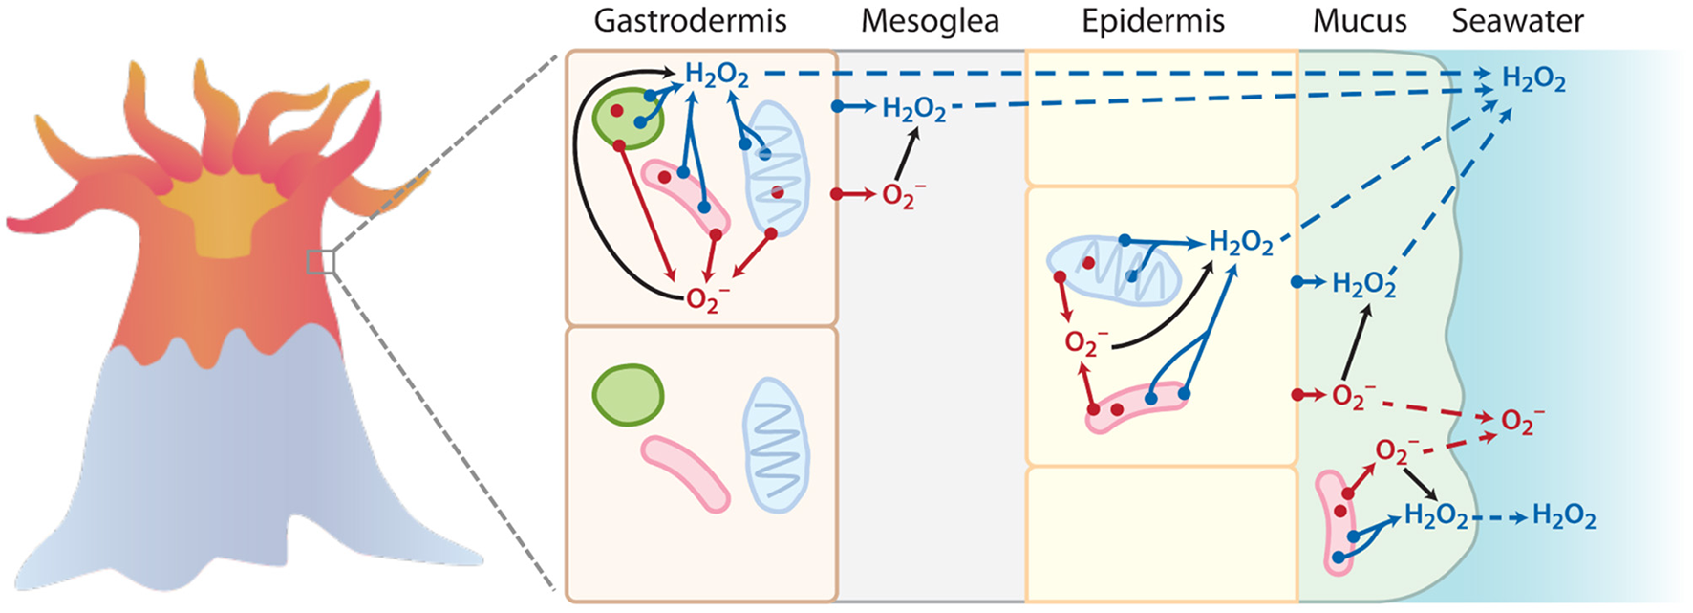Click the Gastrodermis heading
[690, 21]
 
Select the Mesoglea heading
[929, 21]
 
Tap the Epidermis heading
[1152, 21]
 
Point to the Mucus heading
[1359, 21]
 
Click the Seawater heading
[1517, 21]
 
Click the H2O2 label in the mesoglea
[913, 109]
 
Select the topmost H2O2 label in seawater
[1533, 78]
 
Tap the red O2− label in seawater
[1521, 421]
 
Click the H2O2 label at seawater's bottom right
[1563, 517]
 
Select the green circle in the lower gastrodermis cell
[628, 394]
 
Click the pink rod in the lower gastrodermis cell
[685, 472]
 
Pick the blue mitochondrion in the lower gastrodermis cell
[776, 445]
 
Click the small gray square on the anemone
[321, 261]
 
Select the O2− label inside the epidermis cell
[1085, 343]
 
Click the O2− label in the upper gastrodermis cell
[707, 300]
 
